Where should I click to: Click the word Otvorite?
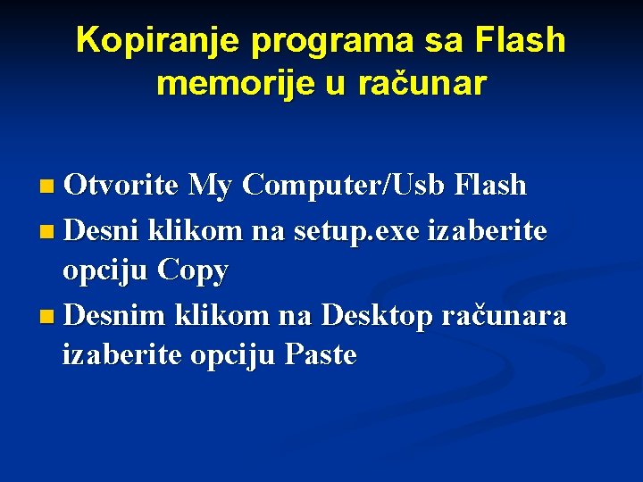click(122, 185)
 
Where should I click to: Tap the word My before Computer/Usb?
click(212, 185)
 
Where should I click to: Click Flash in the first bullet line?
click(490, 185)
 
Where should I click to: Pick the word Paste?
click(321, 355)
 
